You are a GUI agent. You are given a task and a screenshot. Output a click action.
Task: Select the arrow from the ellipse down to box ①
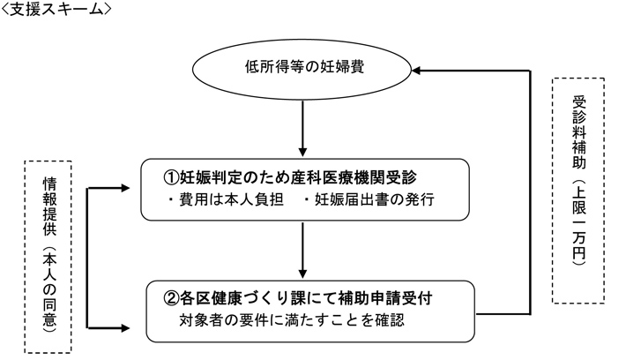(302, 128)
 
